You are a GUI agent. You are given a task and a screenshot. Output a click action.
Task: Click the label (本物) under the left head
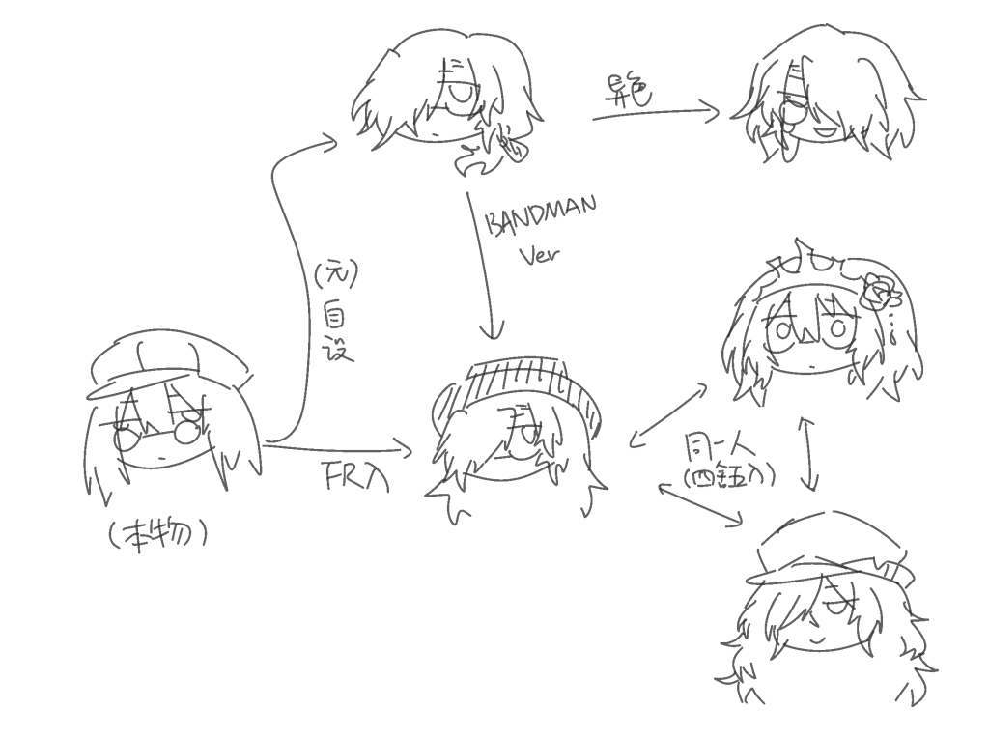click(x=158, y=533)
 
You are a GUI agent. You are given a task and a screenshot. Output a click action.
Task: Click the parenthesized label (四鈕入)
click(x=728, y=477)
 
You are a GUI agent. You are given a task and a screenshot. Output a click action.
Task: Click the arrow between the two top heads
click(x=657, y=114)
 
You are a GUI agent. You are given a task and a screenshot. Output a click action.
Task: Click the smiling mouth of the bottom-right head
click(x=816, y=637)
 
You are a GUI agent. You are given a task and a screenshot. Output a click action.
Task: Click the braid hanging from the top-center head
click(x=507, y=140)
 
